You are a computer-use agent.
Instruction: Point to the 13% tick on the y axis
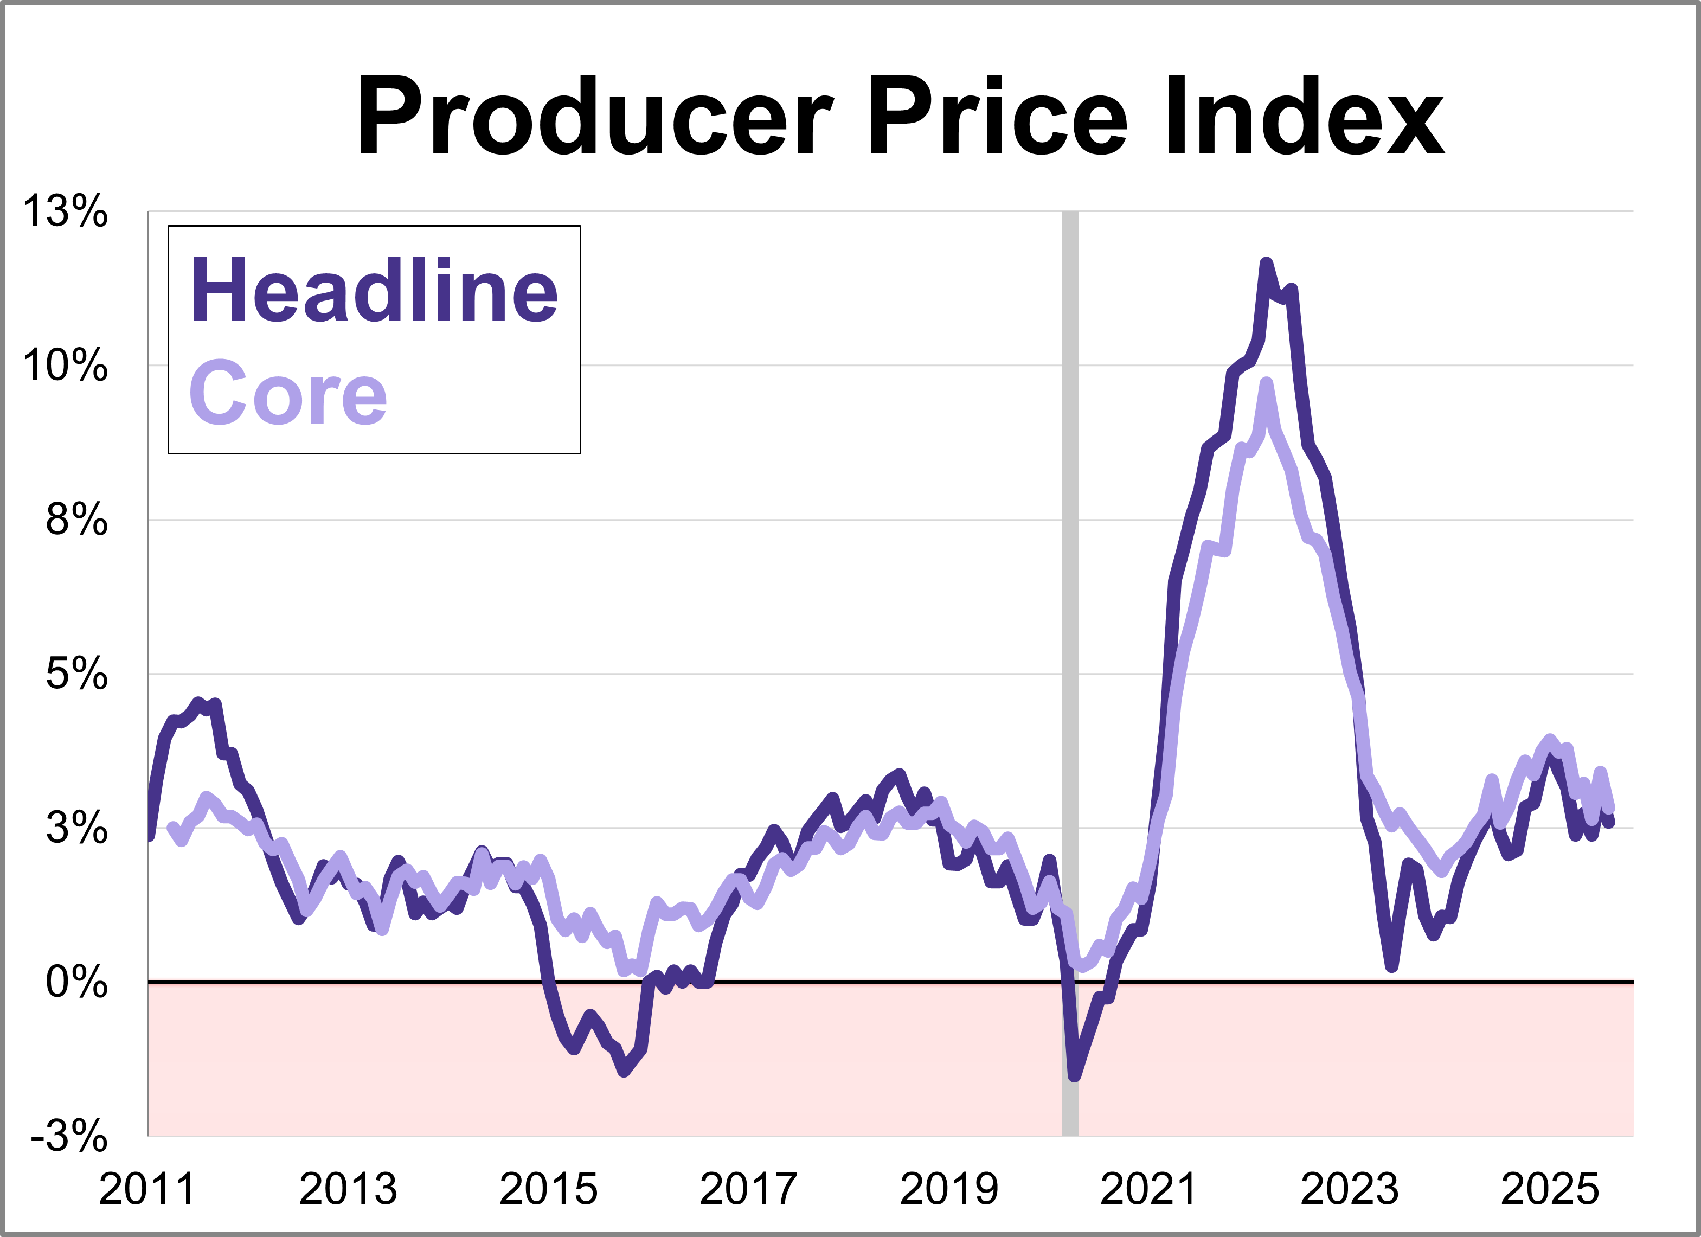coord(65,211)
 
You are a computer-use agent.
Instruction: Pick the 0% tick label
coord(76,981)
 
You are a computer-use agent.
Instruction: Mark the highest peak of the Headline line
coord(1266,264)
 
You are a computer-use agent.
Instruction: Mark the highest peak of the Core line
coord(1267,384)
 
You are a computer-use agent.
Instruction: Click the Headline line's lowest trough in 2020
coord(1075,1076)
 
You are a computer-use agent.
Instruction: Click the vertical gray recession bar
coord(1069,675)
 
